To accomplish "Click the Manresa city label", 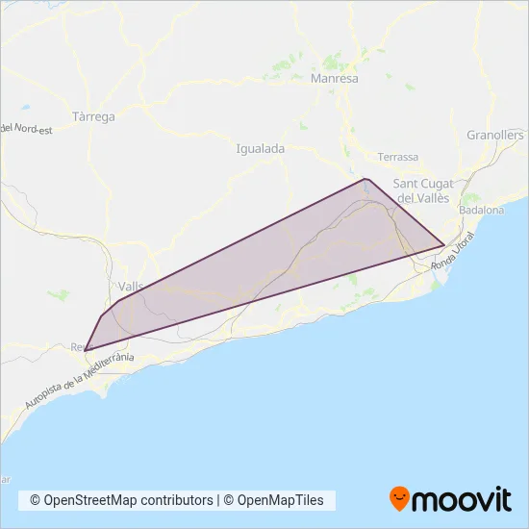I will (x=335, y=79).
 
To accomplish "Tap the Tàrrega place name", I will (x=93, y=117).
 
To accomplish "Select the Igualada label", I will (x=260, y=149).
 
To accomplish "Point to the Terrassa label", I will (x=398, y=157).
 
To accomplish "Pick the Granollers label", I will (x=494, y=136).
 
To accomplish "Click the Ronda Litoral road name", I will (x=454, y=255).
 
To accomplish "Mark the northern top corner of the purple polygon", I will (x=365, y=179).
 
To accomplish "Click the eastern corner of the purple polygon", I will (x=443, y=245).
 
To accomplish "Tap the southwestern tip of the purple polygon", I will (x=87, y=349).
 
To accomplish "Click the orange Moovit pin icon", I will (x=399, y=498).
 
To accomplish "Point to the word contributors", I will (x=182, y=500).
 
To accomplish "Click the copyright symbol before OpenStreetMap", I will (x=35, y=500).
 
